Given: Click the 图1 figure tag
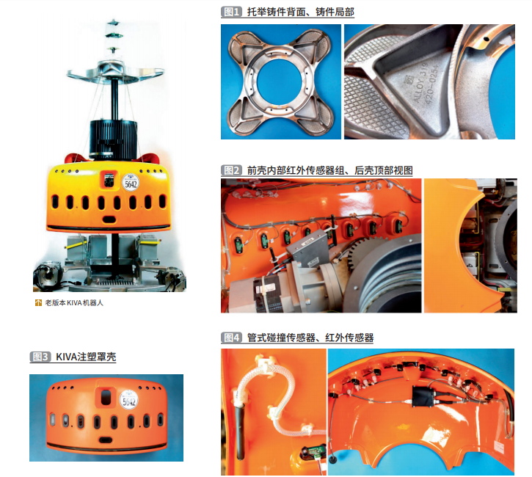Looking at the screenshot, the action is pyautogui.click(x=230, y=12).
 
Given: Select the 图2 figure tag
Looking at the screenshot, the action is pyautogui.click(x=231, y=170).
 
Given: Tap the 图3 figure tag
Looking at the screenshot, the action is pyautogui.click(x=40, y=357).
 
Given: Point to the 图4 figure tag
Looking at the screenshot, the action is pyautogui.click(x=231, y=338).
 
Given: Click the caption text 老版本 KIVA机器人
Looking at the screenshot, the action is pyautogui.click(x=74, y=302).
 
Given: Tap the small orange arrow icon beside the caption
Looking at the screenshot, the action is pyautogui.click(x=38, y=302).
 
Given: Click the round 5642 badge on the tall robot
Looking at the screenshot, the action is pyautogui.click(x=131, y=183).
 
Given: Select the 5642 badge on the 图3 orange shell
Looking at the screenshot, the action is pyautogui.click(x=129, y=400).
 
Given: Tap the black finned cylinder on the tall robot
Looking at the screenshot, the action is pyautogui.click(x=113, y=139).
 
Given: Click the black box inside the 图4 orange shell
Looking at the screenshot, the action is pyautogui.click(x=423, y=397).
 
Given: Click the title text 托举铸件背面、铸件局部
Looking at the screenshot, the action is pyautogui.click(x=300, y=12).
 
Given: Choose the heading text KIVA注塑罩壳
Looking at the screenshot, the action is pyautogui.click(x=86, y=357).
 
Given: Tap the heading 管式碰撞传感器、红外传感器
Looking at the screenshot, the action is pyautogui.click(x=310, y=338).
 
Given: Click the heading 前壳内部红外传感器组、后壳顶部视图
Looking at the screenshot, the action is pyautogui.click(x=329, y=170).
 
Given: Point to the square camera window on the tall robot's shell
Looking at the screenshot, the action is pyautogui.click(x=109, y=180).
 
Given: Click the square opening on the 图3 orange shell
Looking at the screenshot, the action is pyautogui.click(x=106, y=397).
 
